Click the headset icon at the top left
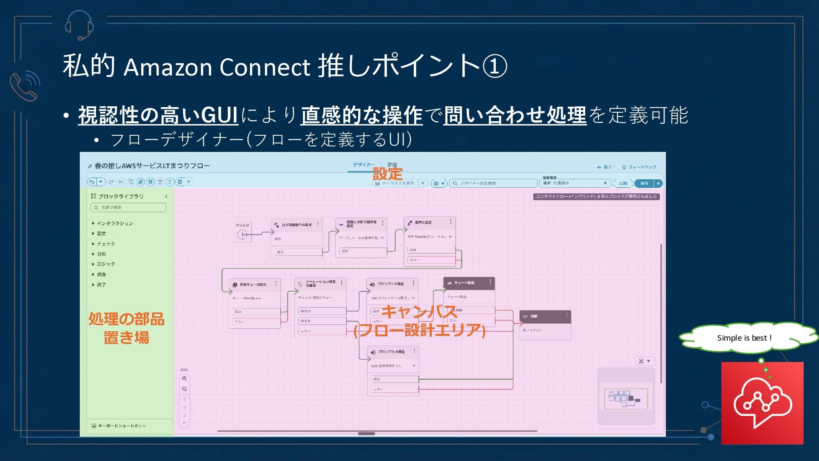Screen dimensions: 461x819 pyautogui.click(x=79, y=25)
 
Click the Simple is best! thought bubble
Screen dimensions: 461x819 pyautogui.click(x=744, y=338)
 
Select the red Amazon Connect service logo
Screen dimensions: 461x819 pyautogui.click(x=762, y=403)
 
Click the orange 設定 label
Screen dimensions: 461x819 pyautogui.click(x=387, y=174)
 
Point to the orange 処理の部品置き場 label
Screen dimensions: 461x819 pyautogui.click(x=126, y=328)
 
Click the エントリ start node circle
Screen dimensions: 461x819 pyautogui.click(x=242, y=234)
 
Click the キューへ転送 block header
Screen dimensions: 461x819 pyautogui.click(x=469, y=283)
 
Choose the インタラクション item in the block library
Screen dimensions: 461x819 pyautogui.click(x=115, y=223)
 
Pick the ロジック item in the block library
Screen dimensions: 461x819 pyautogui.click(x=106, y=264)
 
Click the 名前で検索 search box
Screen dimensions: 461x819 pyautogui.click(x=128, y=207)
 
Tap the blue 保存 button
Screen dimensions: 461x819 pyautogui.click(x=644, y=184)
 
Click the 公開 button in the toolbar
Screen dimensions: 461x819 pyautogui.click(x=623, y=184)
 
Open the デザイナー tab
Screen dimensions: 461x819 pyautogui.click(x=363, y=165)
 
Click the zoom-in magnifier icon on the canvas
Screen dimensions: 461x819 pyautogui.click(x=184, y=379)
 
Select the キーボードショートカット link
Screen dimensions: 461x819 pyautogui.click(x=122, y=426)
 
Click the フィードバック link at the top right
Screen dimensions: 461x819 pyautogui.click(x=639, y=167)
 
